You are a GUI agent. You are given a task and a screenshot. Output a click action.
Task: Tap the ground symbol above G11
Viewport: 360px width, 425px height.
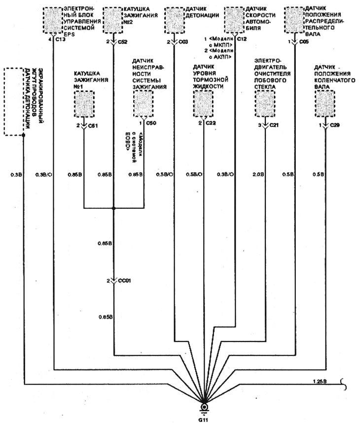(x=205, y=408)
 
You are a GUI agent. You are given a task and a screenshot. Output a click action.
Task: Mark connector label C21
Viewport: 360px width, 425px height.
(x=274, y=125)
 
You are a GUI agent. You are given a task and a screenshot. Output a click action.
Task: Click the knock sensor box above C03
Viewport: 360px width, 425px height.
(x=174, y=20)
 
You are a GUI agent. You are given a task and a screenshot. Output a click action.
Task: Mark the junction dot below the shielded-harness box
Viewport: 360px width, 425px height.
(x=23, y=134)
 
